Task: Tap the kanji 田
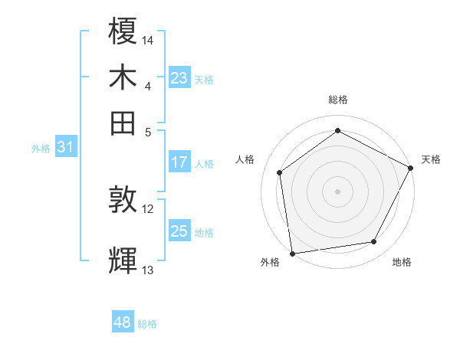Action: (123, 123)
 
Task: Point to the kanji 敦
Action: (123, 200)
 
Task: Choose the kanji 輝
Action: (123, 260)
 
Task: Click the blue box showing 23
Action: (179, 78)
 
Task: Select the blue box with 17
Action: (179, 162)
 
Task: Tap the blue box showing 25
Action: (179, 231)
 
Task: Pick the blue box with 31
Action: (65, 147)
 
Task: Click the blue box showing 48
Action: (123, 322)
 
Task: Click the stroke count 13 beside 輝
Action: (148, 270)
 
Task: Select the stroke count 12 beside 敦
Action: (148, 208)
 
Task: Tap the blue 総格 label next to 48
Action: (147, 324)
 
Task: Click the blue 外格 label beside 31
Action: (41, 149)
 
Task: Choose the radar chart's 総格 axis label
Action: (338, 100)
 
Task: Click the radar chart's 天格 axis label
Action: (431, 159)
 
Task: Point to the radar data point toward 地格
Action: (374, 242)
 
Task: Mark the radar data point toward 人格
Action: (280, 172)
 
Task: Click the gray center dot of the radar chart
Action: (338, 191)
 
